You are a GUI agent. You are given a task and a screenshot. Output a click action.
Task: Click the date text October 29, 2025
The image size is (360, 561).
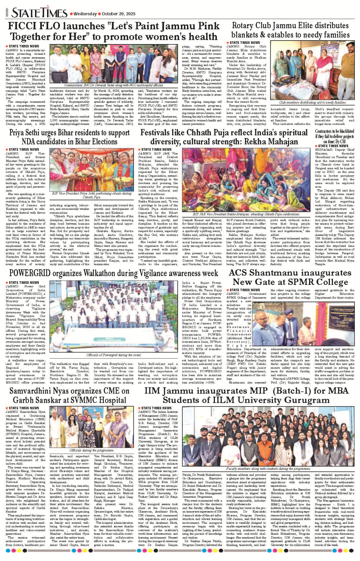118,14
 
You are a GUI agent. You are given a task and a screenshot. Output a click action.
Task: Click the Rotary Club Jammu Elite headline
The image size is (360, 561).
290,30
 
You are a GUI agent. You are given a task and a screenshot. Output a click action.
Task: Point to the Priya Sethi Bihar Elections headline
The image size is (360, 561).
70,137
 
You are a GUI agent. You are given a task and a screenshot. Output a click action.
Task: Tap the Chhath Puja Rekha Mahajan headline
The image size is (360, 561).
224,137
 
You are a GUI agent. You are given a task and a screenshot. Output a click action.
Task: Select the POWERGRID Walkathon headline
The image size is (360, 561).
113,273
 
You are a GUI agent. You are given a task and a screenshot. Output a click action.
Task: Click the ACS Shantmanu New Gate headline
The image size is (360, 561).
290,278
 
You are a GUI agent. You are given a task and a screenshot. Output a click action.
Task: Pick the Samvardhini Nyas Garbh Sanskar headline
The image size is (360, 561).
70,395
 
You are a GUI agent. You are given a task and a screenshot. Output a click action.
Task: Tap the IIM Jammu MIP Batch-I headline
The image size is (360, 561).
246,395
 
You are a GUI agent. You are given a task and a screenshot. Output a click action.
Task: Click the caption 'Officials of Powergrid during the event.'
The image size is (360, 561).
114,355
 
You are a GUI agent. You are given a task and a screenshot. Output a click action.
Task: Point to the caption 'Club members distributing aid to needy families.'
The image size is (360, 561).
312,102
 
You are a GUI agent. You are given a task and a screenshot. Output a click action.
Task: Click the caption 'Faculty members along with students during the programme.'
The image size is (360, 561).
268,469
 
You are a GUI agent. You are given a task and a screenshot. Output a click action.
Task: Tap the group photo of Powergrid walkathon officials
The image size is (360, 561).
114,317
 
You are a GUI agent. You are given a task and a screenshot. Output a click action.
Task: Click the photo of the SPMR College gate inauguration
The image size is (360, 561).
303,324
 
